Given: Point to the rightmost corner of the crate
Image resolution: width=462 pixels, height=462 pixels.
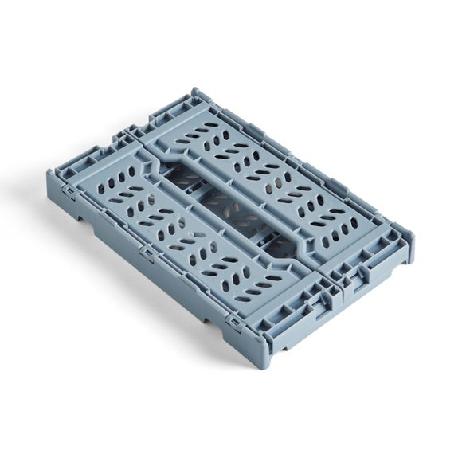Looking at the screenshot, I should click(413, 236).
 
